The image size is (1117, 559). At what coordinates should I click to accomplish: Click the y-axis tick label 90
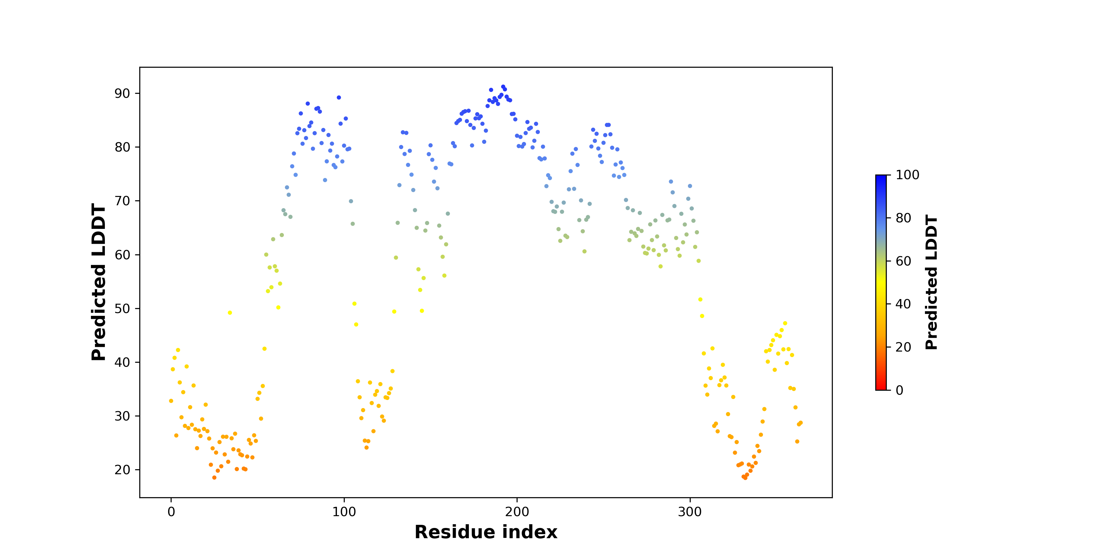[122, 93]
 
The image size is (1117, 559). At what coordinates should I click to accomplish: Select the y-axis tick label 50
[122, 309]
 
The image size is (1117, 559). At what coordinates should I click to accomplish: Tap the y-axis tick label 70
[122, 201]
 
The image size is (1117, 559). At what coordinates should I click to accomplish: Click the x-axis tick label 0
[171, 512]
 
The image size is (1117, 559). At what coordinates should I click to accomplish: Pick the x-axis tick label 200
[517, 512]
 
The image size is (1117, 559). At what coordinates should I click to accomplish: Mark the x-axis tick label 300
[689, 512]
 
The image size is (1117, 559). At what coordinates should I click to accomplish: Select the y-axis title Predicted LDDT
[99, 282]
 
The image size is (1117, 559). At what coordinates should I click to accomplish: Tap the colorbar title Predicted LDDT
[931, 282]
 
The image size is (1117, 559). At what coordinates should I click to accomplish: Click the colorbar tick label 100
[907, 175]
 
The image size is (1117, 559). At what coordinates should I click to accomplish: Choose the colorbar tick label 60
[903, 261]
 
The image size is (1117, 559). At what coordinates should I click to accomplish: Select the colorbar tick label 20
[903, 347]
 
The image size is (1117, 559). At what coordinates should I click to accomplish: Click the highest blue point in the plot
[503, 87]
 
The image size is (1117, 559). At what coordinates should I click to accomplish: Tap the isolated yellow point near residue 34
[230, 312]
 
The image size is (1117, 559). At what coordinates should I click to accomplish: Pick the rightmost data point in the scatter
[801, 423]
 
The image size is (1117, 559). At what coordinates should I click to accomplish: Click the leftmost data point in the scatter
[171, 401]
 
